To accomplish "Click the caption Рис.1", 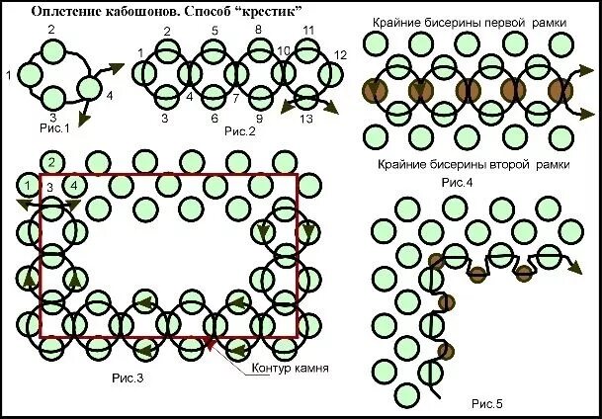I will coord(53,127).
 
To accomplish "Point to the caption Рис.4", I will coord(456,183).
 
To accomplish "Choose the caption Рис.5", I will coord(486,403).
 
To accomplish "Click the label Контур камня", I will coord(290,369).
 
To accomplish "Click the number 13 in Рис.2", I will coord(306,119).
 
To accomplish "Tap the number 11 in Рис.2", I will coord(308,31).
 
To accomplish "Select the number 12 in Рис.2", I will coord(341,54).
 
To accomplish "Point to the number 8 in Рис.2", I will coord(258,31).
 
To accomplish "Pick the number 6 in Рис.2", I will coord(215,119).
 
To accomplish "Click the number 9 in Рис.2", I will coord(259,119).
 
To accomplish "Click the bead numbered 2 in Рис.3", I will coord(51,162).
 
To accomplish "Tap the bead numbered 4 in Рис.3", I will coord(73,185).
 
